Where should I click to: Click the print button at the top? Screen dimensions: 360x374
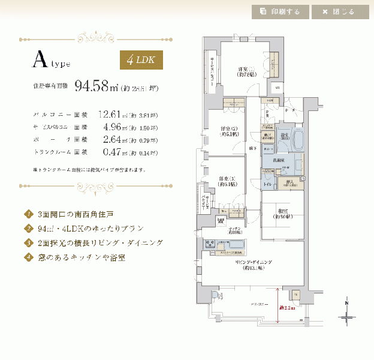tap(280, 11)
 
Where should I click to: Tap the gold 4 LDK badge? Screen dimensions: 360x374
tap(141, 60)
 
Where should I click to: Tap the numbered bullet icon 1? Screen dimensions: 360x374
tap(28, 214)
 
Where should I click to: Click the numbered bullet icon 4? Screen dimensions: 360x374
tap(28, 257)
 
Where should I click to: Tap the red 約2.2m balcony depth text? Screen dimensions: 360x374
tap(285, 308)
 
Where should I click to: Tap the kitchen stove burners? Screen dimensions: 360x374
tap(211, 244)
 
